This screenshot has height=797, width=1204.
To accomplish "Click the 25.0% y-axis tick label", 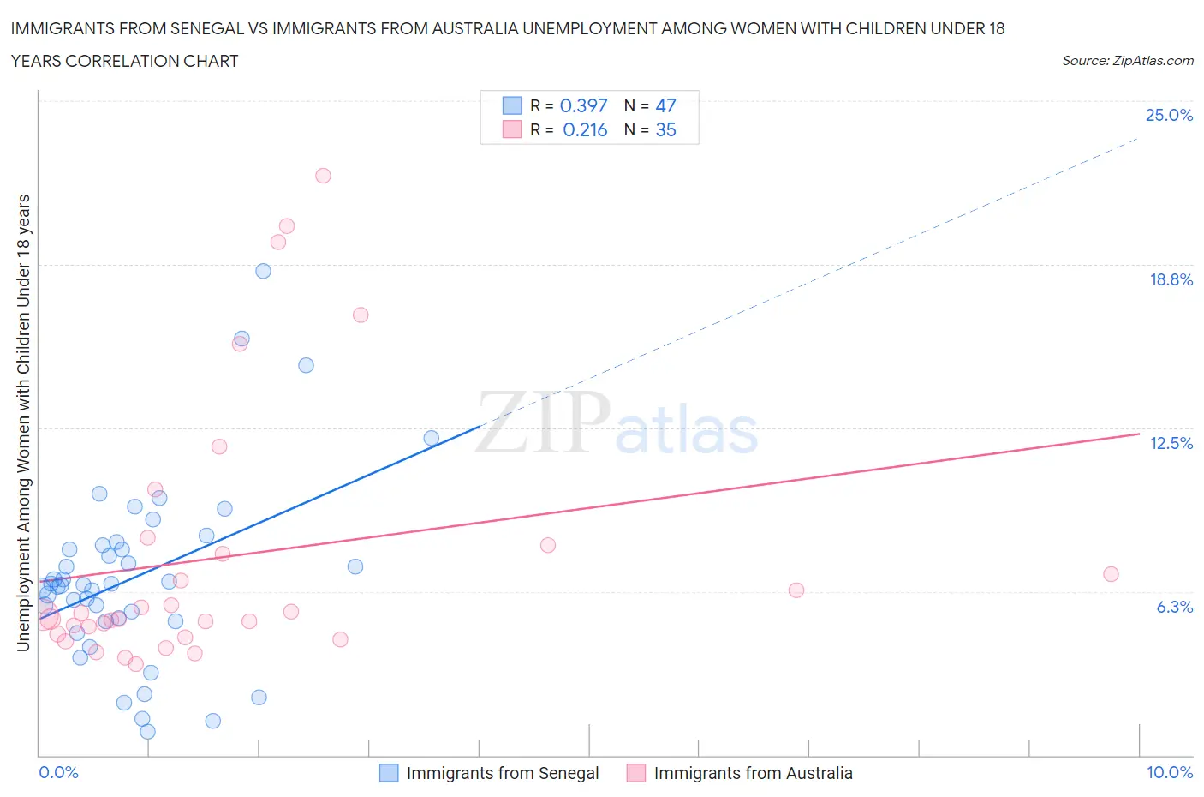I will [x=1169, y=116].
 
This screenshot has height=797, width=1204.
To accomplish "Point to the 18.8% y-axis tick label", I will [x=1171, y=279].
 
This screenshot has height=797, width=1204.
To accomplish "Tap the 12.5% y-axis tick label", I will [x=1171, y=443].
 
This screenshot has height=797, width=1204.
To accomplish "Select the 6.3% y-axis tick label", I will [x=1174, y=607].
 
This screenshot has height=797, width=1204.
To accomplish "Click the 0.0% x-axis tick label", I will [x=58, y=772].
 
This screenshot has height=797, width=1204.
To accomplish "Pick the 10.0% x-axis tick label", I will [x=1169, y=772].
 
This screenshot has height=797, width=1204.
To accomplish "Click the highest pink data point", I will [x=323, y=176].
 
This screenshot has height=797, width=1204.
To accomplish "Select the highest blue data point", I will [x=263, y=271].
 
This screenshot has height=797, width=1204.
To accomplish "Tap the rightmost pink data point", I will [x=1111, y=574].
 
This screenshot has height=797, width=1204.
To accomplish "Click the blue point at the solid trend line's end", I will [x=432, y=438].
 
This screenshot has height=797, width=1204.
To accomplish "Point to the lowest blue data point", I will [x=147, y=731].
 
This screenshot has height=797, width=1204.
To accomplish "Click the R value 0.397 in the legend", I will [x=583, y=105].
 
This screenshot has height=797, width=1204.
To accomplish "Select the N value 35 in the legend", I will [x=665, y=129].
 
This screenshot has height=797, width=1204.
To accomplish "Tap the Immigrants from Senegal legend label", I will [x=503, y=773].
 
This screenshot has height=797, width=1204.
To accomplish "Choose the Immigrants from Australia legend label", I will [x=753, y=773].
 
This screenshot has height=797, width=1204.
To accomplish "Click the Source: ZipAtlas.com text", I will [x=1127, y=61].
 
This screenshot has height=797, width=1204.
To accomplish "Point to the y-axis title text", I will [x=24, y=422].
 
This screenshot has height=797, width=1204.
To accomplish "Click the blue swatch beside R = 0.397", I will [x=511, y=105].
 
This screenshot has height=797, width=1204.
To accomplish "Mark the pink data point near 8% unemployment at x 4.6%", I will [x=548, y=545].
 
